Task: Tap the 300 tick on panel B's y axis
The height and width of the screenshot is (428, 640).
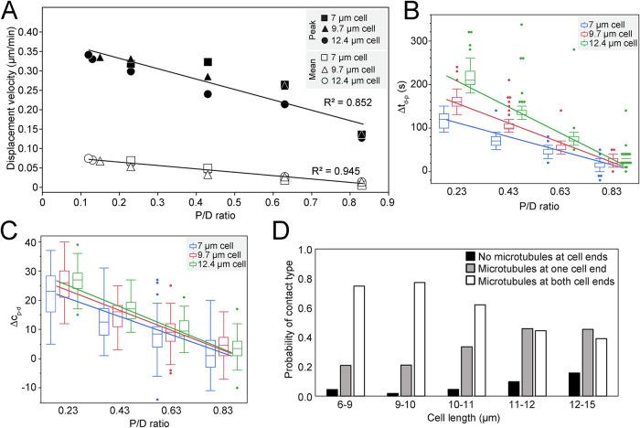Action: (456, 41)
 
